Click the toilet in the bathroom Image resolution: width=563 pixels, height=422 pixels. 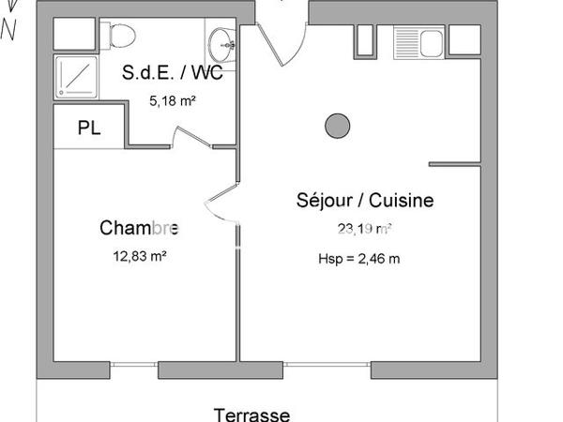tap(121, 36)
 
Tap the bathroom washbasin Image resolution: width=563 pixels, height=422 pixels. tap(221, 40)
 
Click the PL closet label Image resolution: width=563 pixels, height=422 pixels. tap(90, 128)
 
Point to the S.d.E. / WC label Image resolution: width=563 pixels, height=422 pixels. tap(174, 73)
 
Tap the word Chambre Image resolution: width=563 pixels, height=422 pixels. tap(139, 228)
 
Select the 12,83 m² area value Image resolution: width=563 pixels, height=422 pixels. tap(139, 254)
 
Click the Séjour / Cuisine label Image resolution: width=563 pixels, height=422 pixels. tap(352, 200)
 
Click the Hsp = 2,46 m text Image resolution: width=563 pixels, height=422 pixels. tap(359, 259)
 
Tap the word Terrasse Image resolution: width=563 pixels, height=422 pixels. tap(251, 414)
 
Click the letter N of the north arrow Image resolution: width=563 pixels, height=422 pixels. tap(8, 31)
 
